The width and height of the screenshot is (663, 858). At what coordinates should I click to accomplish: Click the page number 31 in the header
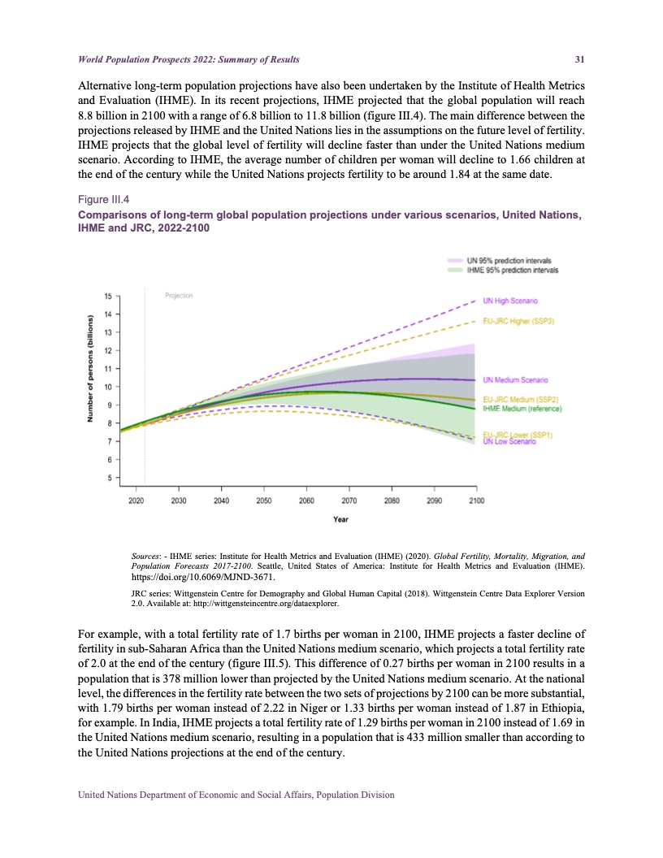[x=581, y=59]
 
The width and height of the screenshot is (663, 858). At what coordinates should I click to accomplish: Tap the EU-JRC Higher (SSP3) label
[x=518, y=321]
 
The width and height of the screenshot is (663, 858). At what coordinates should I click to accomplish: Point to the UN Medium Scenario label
[x=517, y=379]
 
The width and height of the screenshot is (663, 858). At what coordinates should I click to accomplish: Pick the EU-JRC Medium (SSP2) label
[x=519, y=399]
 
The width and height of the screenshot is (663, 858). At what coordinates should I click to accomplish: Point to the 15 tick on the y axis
[x=109, y=296]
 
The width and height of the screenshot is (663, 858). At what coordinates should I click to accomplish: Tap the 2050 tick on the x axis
[x=263, y=500]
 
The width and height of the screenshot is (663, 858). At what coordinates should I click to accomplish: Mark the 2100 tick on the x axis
[x=476, y=500]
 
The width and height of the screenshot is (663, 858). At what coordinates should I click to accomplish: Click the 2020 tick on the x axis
[x=136, y=500]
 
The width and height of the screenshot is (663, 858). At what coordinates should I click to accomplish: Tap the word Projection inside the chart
[x=179, y=296]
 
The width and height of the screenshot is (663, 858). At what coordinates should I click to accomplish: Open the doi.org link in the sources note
[x=203, y=578]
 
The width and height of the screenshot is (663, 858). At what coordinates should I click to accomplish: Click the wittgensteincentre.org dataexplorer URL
[x=258, y=604]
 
